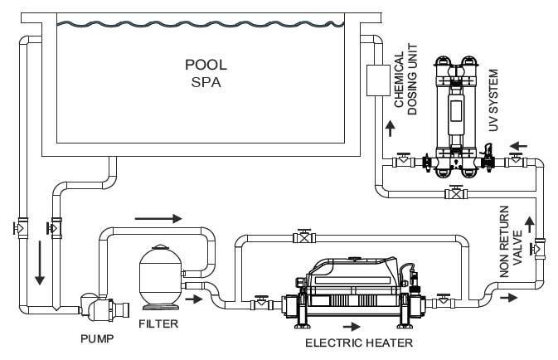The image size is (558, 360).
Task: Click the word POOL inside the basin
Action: pos(206,65)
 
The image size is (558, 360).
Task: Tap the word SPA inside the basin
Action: pos(206,82)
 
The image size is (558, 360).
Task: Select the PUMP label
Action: pos(97,338)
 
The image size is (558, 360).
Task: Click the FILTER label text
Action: pos(158,324)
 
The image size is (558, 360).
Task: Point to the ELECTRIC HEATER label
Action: pos(359,343)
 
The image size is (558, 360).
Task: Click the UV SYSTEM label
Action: pos(493,100)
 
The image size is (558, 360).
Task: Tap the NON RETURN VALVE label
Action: pos(511,241)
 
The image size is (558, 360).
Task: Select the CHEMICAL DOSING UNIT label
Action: pos(405,79)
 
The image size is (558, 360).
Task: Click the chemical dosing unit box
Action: pos(378,80)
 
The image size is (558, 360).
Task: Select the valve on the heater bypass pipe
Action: pos(304,236)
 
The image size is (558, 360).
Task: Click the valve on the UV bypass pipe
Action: pos(456,193)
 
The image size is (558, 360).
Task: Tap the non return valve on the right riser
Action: pos(538,248)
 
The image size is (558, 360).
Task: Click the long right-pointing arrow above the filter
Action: pos(158,218)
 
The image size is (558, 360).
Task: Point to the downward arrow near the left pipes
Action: pos(40,263)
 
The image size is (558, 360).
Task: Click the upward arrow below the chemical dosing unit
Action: pos(391,129)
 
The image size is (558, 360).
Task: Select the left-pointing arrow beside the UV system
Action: pos(518,146)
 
